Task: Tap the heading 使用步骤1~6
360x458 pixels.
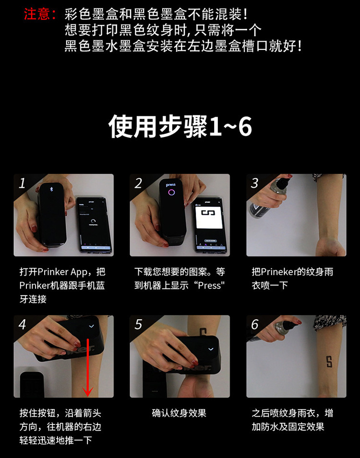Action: (x=180, y=126)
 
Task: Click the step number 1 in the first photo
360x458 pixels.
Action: (x=22, y=183)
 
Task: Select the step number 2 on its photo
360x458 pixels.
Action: (x=138, y=183)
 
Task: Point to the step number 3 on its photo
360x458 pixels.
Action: (x=254, y=183)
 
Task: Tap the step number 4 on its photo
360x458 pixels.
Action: (x=22, y=324)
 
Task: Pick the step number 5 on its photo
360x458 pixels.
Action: (x=138, y=324)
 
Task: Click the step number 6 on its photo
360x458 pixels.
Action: (x=254, y=324)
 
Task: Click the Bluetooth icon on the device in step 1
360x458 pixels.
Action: (x=51, y=189)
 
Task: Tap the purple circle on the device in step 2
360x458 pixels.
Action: (x=171, y=192)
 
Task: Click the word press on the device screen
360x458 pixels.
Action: (x=171, y=185)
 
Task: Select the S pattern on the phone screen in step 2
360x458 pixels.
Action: (x=208, y=212)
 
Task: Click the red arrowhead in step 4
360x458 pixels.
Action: (x=87, y=391)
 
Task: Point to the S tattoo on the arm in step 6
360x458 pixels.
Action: (x=329, y=362)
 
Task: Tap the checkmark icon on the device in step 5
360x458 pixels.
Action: (x=211, y=349)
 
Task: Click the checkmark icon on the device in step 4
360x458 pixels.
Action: (x=91, y=326)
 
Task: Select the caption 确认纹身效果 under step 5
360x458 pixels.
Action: (x=179, y=413)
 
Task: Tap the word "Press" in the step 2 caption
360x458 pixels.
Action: (x=211, y=285)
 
